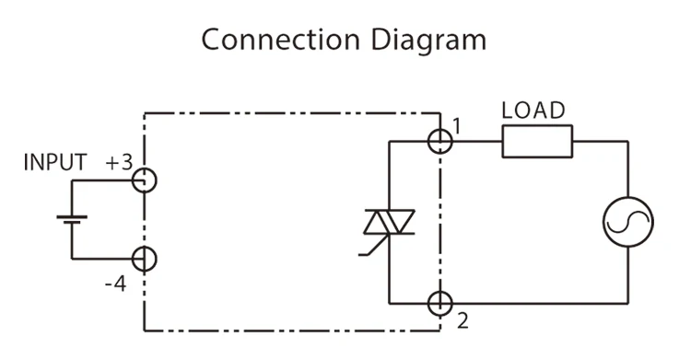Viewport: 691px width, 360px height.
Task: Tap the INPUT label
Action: (x=55, y=164)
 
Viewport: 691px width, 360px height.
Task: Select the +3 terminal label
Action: (x=118, y=164)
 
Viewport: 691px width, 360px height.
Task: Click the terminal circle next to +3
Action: (x=144, y=180)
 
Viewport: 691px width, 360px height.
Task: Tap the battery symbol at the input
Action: (x=71, y=220)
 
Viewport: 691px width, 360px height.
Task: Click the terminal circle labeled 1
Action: (x=441, y=141)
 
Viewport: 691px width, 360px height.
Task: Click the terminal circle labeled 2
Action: (x=441, y=302)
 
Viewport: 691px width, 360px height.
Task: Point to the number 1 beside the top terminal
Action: (x=458, y=123)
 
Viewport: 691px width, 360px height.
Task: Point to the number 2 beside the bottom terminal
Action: (x=462, y=320)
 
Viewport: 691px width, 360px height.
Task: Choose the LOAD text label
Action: (x=533, y=110)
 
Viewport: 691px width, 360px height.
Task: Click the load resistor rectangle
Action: (x=537, y=142)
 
